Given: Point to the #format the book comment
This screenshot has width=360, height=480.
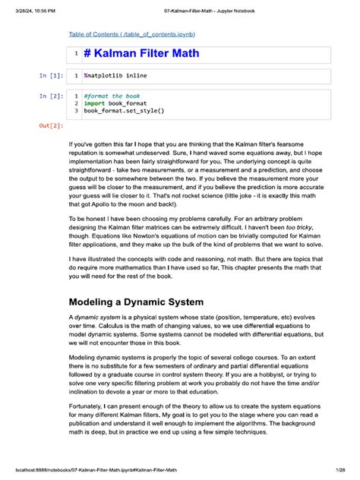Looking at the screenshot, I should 113,96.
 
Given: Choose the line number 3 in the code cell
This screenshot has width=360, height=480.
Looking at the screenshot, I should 76,111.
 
